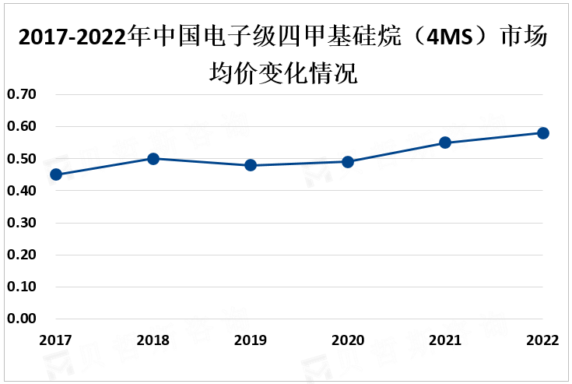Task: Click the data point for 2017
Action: [x=56, y=174]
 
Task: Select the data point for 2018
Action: [x=153, y=159]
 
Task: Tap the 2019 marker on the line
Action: [x=251, y=165]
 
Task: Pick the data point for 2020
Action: [x=348, y=162]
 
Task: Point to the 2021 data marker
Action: [x=445, y=143]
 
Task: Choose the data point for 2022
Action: [x=543, y=133]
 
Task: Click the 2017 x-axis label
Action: [x=56, y=340]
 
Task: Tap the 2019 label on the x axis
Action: [x=251, y=340]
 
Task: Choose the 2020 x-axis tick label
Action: [x=348, y=340]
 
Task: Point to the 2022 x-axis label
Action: [x=542, y=340]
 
